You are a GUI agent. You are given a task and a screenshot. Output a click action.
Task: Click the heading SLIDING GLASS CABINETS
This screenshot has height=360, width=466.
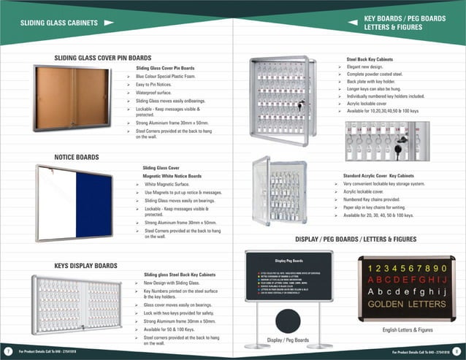[x=59, y=23]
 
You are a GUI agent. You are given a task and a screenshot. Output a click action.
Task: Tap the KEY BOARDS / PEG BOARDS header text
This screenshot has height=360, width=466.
[x=405, y=18]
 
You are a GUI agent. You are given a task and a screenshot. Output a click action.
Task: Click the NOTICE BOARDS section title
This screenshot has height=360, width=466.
[x=77, y=157]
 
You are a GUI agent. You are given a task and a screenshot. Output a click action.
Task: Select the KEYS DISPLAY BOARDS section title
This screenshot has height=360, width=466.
[x=85, y=266]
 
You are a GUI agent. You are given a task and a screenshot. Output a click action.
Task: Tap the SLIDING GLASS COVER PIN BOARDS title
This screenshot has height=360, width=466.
[x=103, y=57]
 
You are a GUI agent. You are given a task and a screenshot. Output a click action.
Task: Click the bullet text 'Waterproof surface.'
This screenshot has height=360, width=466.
[x=158, y=93]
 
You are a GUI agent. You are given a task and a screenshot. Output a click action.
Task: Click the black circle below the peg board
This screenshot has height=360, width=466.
[x=288, y=321]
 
